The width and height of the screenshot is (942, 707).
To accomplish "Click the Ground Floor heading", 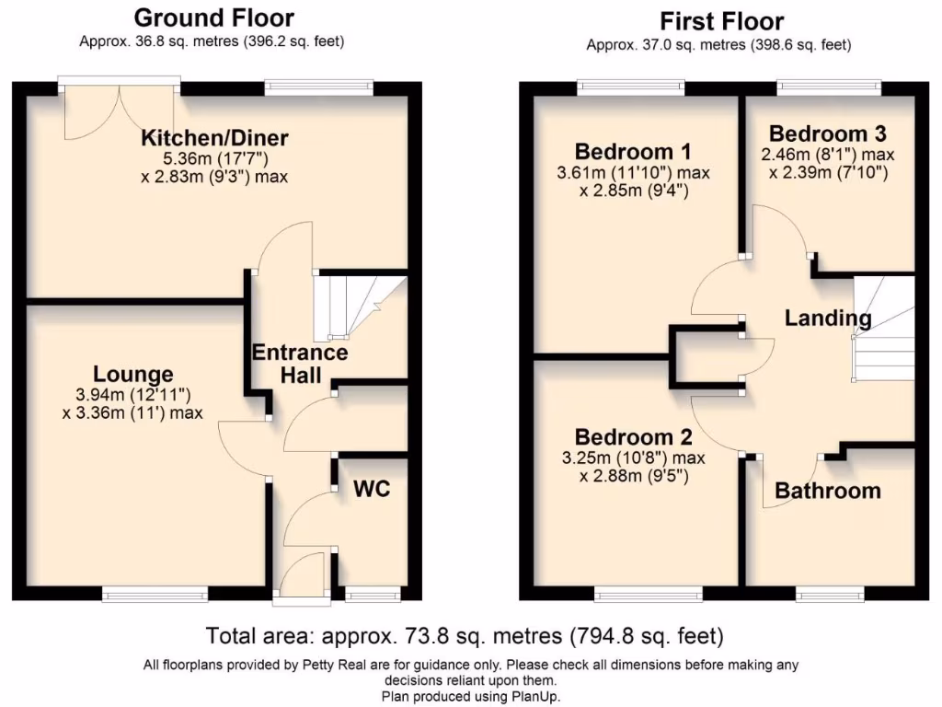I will (x=214, y=17).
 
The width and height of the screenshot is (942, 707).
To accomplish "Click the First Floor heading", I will (x=722, y=21).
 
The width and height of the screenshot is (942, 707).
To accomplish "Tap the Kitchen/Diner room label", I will (x=214, y=138).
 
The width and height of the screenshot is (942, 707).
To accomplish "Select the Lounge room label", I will (x=133, y=374).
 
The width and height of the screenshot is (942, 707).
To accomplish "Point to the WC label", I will (x=373, y=488).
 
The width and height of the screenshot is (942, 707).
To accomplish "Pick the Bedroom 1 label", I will (x=633, y=151).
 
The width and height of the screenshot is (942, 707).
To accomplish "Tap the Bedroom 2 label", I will (x=633, y=436).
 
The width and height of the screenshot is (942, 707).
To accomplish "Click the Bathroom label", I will (x=828, y=491).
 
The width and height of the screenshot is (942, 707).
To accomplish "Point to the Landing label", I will (x=828, y=319).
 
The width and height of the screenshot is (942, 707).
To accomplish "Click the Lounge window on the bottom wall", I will (x=155, y=595).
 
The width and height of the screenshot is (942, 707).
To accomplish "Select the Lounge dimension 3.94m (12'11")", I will (x=133, y=395).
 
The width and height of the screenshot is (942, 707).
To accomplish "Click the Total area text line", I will (x=465, y=636).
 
